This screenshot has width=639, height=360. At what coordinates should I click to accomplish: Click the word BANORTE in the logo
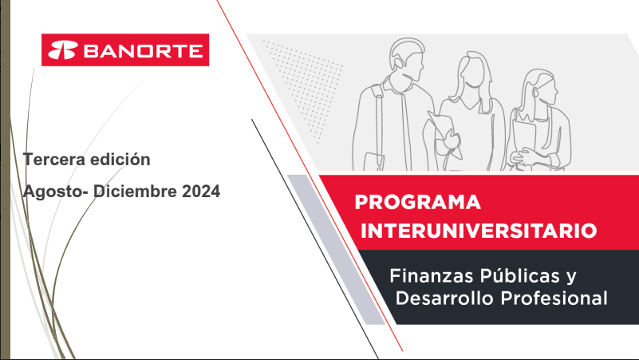pos(143,51)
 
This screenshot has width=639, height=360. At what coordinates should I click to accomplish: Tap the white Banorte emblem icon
pos(63,50)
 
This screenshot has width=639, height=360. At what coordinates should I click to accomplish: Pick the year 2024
pos(201,192)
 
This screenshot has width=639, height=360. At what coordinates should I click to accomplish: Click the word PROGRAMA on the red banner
pos(418,202)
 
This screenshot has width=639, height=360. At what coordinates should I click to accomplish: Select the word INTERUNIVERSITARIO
pos(479,231)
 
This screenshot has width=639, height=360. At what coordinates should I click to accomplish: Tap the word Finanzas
pos(431,275)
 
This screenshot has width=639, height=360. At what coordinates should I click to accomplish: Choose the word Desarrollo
pos(444,298)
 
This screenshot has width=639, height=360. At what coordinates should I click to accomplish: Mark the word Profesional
pos(554,298)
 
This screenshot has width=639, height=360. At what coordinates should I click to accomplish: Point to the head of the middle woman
pos(474,73)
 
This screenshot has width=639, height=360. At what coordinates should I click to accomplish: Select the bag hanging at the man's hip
pos(374,161)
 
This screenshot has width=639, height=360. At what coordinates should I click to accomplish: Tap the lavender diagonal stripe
pos(336,250)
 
